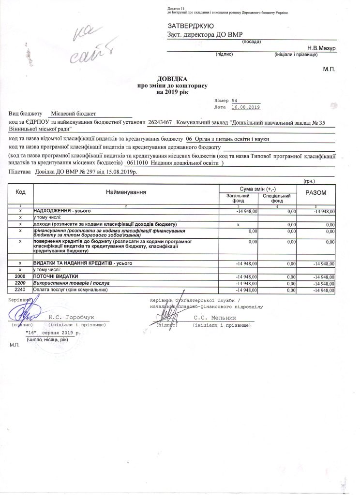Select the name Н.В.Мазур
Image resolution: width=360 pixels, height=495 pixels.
click(x=322, y=48)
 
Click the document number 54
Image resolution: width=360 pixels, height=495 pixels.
click(x=235, y=99)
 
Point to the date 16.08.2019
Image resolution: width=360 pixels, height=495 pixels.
click(x=247, y=106)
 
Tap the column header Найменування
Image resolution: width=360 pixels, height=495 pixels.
click(x=126, y=192)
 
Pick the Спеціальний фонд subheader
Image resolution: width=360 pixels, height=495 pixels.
click(x=277, y=198)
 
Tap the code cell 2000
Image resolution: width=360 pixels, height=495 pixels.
click(x=20, y=276)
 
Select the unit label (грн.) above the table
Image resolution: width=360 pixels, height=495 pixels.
click(x=309, y=181)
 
